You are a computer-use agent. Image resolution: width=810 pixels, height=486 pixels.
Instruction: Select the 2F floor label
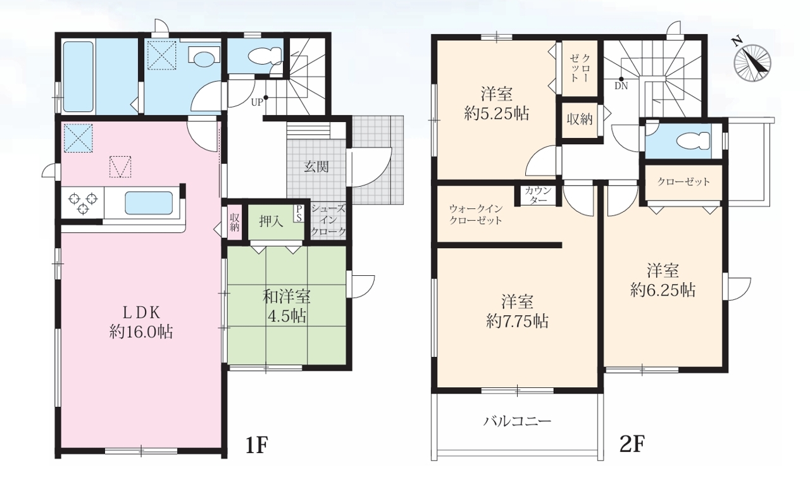[x=632, y=444]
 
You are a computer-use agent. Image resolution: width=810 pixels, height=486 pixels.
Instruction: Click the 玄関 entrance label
[x=316, y=166]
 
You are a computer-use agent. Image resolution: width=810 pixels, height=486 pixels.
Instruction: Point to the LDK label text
[x=141, y=313]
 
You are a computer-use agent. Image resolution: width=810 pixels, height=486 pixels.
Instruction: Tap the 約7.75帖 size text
[x=517, y=321]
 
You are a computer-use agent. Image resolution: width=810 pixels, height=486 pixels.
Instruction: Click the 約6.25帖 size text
[x=663, y=290]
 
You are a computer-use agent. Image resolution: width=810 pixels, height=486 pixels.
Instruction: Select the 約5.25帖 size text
[x=497, y=113]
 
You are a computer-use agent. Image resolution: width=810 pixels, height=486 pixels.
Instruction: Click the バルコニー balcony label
[x=517, y=421]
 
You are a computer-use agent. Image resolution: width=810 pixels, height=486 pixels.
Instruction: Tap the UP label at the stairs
[x=257, y=103]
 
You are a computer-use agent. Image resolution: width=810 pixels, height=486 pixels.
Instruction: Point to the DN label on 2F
[x=621, y=86]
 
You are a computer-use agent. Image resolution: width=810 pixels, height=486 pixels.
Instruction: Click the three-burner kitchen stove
[x=83, y=202]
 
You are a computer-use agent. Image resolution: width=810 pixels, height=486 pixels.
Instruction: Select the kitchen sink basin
[x=149, y=203]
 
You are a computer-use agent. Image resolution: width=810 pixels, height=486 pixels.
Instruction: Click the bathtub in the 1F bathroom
[x=78, y=77]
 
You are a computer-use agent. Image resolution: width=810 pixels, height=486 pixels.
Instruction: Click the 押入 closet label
[x=271, y=221]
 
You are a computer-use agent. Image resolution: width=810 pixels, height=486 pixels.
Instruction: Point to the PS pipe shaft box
[x=299, y=214]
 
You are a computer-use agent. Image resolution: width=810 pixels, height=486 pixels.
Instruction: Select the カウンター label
[x=538, y=196]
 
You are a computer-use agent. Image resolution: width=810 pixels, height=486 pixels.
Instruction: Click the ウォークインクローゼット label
[x=475, y=215]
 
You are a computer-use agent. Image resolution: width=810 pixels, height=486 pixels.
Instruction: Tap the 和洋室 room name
[x=286, y=297]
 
